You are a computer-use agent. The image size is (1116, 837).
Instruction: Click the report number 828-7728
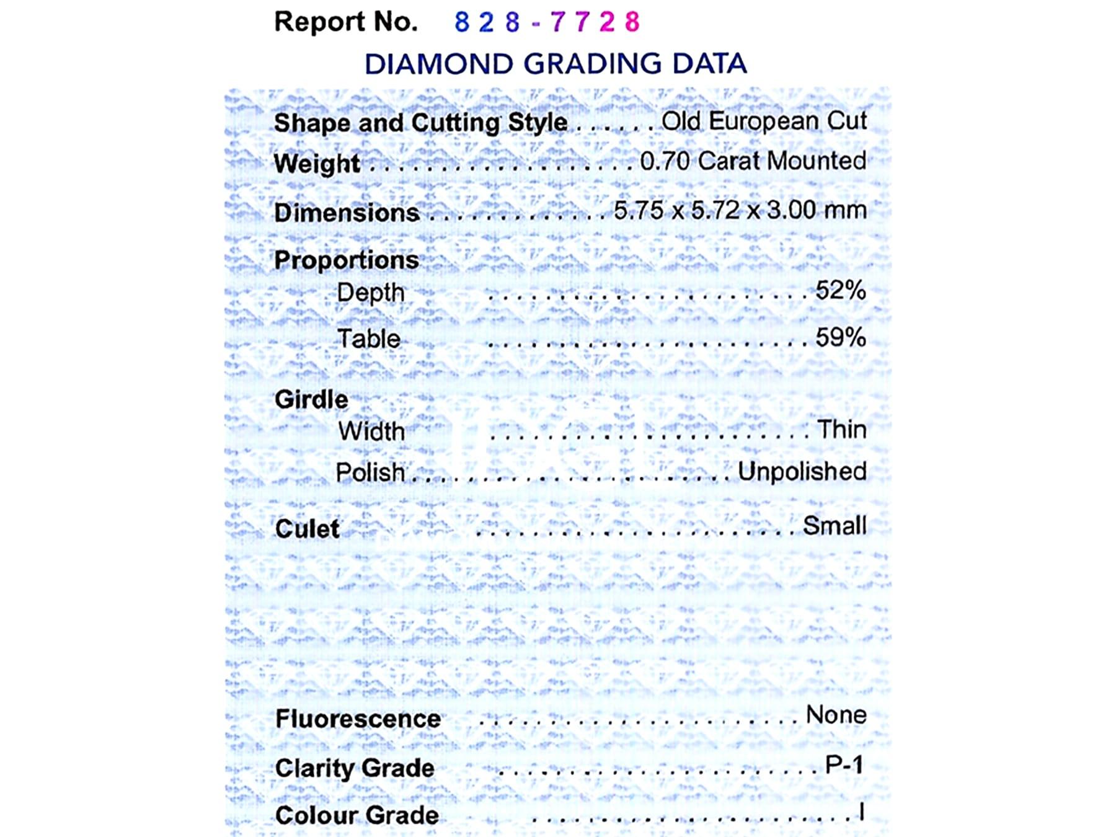[546, 22]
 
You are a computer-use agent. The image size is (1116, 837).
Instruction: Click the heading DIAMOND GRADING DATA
[555, 64]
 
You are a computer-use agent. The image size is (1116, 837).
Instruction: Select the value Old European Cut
[764, 121]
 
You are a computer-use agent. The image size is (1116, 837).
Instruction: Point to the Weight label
[317, 164]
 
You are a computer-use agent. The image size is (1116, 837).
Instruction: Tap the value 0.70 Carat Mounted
[753, 161]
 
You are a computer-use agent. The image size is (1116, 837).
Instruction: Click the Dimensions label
[347, 213]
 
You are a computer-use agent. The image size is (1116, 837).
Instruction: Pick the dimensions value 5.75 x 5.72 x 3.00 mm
[740, 210]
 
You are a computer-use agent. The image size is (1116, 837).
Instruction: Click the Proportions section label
[347, 260]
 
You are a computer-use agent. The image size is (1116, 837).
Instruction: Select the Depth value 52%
[840, 290]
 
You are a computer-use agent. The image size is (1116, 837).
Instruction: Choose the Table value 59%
[840, 337]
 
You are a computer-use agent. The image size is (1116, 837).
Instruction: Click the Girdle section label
[311, 399]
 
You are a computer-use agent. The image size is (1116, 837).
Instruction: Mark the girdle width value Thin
[841, 429]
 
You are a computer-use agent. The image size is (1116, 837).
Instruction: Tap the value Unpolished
[802, 471]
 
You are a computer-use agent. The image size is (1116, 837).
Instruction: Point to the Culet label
[307, 529]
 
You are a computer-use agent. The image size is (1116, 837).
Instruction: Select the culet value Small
[835, 526]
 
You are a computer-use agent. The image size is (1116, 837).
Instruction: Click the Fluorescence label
[358, 719]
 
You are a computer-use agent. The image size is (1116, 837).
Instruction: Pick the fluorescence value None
[836, 715]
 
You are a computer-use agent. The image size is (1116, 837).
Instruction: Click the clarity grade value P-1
[844, 764]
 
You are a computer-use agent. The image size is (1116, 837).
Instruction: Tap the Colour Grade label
[356, 815]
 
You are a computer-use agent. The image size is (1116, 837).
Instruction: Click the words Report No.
[346, 22]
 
